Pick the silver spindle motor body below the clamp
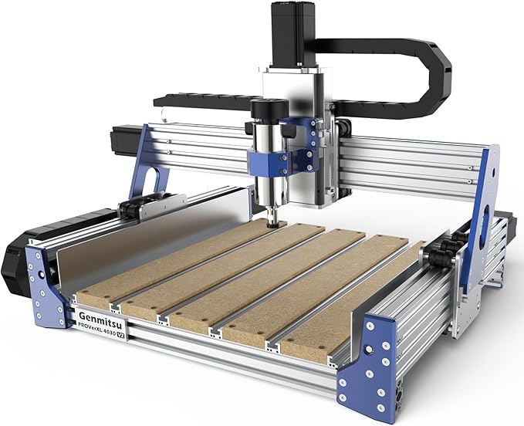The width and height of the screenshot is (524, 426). tap(265, 193)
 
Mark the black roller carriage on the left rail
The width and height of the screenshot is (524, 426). tap(139, 207)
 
